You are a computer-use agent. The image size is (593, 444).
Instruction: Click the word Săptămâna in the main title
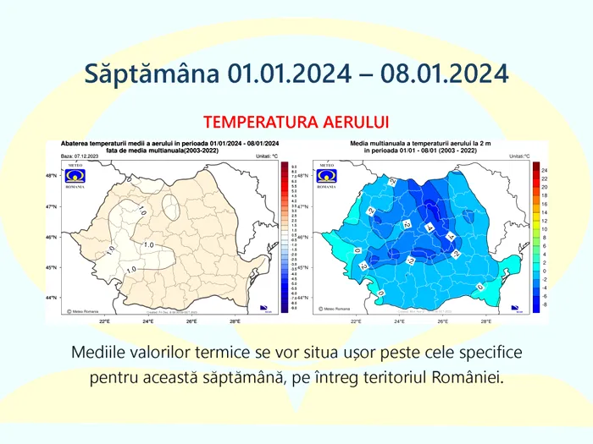click(152, 73)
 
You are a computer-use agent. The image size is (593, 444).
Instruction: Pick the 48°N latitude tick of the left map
click(52, 176)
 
